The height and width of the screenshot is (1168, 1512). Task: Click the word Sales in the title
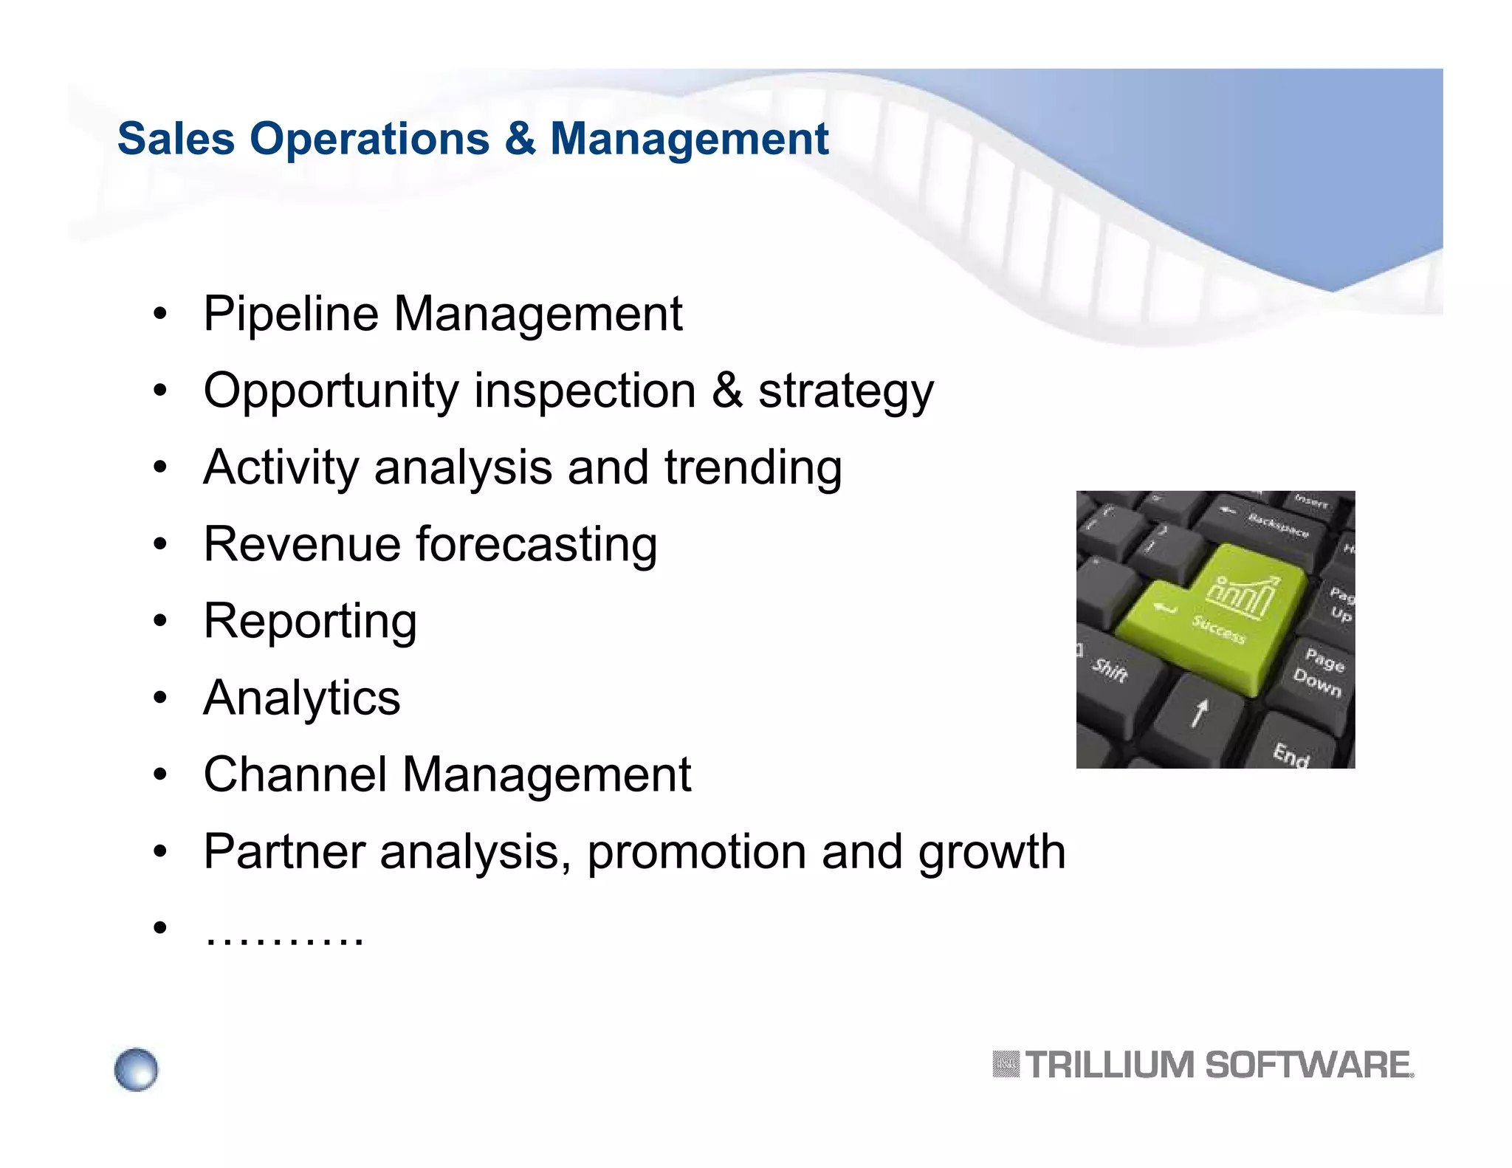click(x=176, y=139)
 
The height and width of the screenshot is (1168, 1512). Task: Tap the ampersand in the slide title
click(x=520, y=139)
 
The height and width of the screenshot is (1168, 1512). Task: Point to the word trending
click(x=753, y=468)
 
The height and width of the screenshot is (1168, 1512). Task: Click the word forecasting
click(x=537, y=545)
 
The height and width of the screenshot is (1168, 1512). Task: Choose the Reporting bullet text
click(x=310, y=622)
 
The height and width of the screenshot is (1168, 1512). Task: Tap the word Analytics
click(x=302, y=698)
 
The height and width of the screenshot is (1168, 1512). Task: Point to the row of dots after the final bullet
click(x=284, y=938)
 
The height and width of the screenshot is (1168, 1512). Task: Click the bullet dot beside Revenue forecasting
click(x=160, y=546)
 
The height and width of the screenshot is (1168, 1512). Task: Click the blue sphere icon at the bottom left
click(x=137, y=1069)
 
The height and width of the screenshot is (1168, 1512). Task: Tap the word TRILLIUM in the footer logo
click(x=1109, y=1065)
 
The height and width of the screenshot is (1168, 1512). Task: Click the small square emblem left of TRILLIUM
click(x=1005, y=1065)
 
